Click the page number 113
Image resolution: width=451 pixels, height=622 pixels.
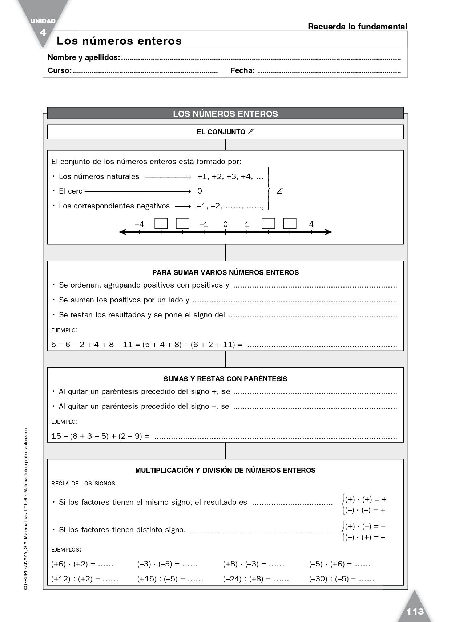click(x=415, y=611)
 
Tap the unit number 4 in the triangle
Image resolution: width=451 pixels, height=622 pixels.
click(x=43, y=33)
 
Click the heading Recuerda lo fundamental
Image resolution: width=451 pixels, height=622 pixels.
click(x=357, y=27)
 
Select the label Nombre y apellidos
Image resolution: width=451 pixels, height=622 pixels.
click(x=84, y=57)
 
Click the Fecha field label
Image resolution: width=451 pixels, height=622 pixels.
click(x=242, y=70)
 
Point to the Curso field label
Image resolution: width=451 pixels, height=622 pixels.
click(x=60, y=70)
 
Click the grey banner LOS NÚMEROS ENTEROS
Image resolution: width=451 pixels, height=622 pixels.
click(x=225, y=114)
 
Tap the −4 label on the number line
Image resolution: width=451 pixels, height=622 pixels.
click(x=139, y=224)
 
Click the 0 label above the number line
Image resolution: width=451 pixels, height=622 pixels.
click(x=225, y=224)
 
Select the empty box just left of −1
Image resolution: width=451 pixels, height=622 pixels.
click(x=182, y=223)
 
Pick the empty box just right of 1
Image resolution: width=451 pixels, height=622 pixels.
click(x=268, y=223)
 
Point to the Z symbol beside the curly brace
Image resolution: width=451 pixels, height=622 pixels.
click(x=279, y=191)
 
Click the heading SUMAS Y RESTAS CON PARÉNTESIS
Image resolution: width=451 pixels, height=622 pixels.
click(x=225, y=379)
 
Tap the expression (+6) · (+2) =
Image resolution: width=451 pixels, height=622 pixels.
click(x=73, y=564)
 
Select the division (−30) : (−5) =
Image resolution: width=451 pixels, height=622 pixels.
click(x=333, y=579)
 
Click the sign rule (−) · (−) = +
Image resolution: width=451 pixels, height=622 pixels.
click(x=365, y=510)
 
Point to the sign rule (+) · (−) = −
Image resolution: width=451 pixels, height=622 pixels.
click(x=365, y=526)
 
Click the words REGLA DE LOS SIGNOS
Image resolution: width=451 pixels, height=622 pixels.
click(x=83, y=484)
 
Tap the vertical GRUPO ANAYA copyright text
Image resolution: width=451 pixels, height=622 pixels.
click(x=25, y=508)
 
